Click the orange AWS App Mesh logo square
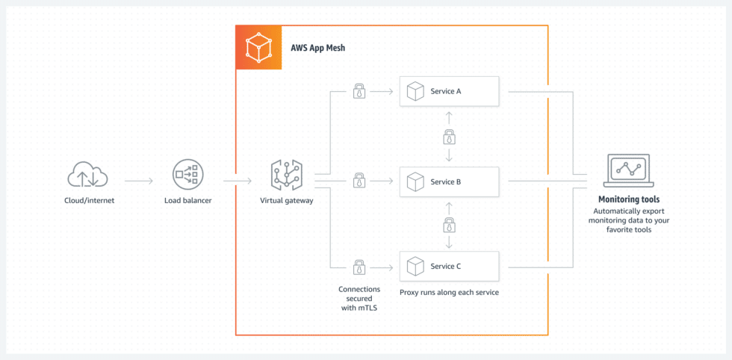(258, 47)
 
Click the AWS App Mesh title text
(317, 48)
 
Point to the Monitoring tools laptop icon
(629, 171)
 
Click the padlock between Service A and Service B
(449, 137)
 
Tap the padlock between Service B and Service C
(449, 224)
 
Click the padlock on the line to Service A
(359, 92)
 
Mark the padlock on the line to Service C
(359, 267)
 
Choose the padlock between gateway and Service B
(359, 180)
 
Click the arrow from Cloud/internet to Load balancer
(138, 180)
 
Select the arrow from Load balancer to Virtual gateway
(238, 180)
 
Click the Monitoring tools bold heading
(629, 199)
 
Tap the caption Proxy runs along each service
(449, 292)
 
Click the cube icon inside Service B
(415, 180)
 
